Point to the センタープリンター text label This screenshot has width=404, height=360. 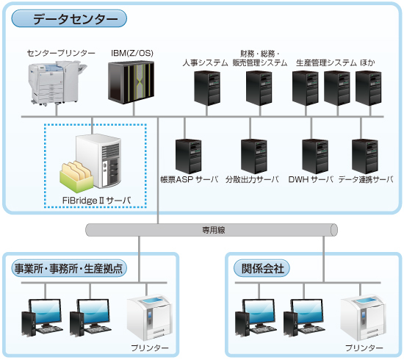click(61, 53)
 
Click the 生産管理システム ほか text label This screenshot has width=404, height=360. click(335, 63)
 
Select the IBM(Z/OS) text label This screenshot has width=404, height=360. click(132, 53)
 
